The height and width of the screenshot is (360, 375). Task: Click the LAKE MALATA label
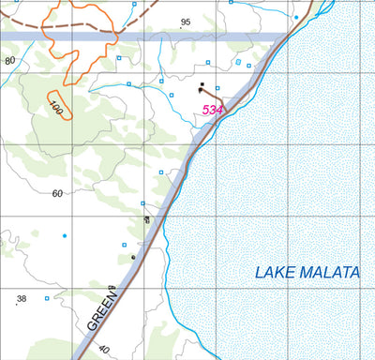[307, 273]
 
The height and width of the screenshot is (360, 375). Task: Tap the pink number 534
[213, 111]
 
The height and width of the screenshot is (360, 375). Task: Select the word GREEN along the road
[102, 310]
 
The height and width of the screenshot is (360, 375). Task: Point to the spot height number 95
[186, 22]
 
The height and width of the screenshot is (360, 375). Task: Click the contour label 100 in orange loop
[56, 109]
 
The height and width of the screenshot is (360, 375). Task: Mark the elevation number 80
[10, 61]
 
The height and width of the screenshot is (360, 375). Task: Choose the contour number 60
[57, 193]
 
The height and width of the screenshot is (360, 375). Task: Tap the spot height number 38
[22, 299]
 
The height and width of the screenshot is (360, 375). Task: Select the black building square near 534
[202, 87]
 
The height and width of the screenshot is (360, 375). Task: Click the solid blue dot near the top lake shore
[296, 18]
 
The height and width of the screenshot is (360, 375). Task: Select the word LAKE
[272, 274]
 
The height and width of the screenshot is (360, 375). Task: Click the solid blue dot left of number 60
[64, 234]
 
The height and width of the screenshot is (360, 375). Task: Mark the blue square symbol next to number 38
[47, 298]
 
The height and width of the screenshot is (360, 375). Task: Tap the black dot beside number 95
[181, 29]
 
